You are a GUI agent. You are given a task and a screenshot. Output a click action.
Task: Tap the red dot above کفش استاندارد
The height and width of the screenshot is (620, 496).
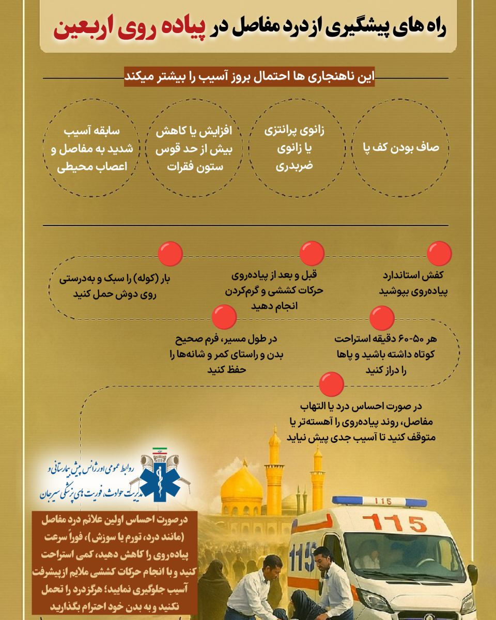point(440,254)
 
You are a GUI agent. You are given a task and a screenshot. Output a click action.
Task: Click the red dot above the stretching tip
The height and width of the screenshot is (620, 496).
point(313,254)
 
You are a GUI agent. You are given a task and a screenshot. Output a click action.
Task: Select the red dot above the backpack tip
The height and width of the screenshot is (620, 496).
point(170,254)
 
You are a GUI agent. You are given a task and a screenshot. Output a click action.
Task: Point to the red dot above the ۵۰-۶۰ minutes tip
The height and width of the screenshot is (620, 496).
point(382,318)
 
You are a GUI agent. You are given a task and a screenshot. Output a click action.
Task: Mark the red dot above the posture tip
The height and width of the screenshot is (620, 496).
point(225,318)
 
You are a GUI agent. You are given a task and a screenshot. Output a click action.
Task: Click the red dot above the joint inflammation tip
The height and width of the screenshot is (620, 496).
point(332,383)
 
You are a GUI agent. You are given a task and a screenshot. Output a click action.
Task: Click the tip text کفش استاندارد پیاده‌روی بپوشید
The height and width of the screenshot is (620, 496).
point(420,282)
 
